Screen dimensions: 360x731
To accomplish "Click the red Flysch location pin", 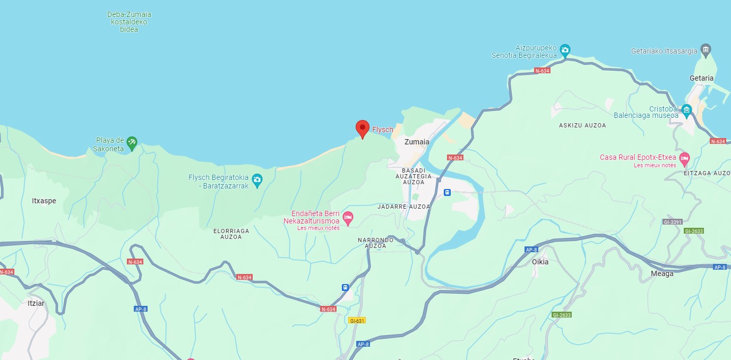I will [x=362, y=128].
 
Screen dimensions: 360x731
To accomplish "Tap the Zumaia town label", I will [x=417, y=142].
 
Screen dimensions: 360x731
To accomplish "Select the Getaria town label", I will [x=701, y=78].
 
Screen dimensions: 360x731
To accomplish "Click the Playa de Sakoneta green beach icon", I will [x=132, y=142].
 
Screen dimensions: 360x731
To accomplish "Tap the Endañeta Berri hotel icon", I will [x=348, y=217].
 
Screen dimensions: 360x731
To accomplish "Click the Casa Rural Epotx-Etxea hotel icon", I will [x=685, y=158].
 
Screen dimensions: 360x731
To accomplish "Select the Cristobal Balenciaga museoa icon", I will [x=687, y=112].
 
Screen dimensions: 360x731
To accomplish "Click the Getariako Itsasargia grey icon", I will [x=706, y=50].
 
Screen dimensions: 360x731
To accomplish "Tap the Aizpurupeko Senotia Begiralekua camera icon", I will [x=565, y=50].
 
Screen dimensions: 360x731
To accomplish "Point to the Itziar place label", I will [x=36, y=303].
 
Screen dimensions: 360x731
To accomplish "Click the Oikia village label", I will [x=540, y=262].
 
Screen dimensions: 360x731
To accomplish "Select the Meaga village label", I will [x=662, y=273].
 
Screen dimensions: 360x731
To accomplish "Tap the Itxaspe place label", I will [x=44, y=201].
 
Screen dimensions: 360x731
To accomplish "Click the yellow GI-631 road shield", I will [x=357, y=320].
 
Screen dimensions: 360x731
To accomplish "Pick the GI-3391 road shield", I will [x=672, y=222].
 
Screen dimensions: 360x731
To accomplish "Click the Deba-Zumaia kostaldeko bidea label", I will [x=129, y=22].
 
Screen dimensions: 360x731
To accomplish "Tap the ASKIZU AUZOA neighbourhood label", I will [x=582, y=125].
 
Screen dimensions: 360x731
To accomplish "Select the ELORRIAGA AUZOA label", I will [x=231, y=234].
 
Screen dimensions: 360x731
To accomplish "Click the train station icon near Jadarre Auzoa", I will [x=447, y=192].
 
